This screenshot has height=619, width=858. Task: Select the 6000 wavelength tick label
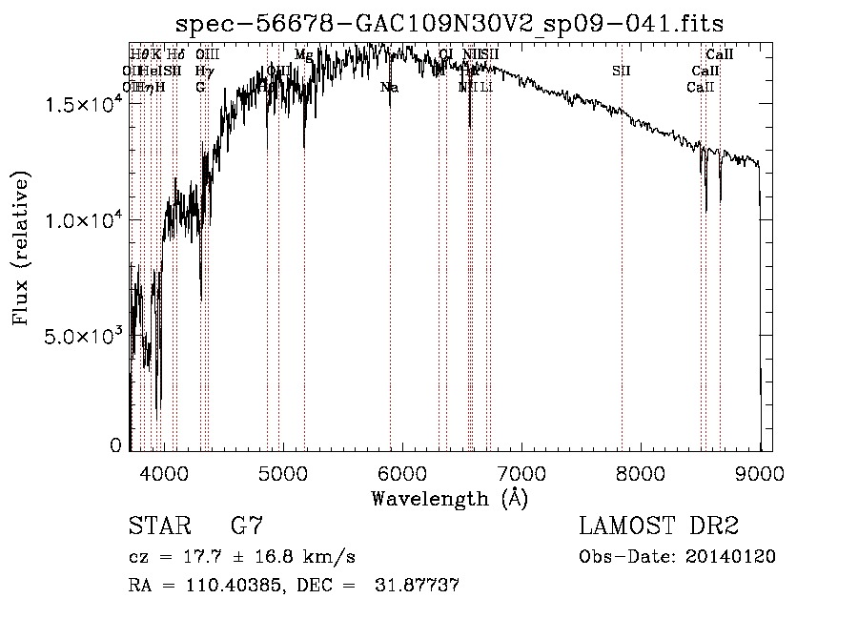coord(402,471)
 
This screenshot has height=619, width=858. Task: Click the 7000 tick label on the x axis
coord(521,471)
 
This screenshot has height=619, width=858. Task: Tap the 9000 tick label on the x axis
coord(760,471)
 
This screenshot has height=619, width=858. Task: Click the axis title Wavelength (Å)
coord(449,498)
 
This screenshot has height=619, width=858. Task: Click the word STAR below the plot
coord(155,526)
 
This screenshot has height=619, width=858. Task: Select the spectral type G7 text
coord(246,526)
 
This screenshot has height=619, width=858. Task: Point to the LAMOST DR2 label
coord(658,526)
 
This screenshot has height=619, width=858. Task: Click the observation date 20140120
coord(733,556)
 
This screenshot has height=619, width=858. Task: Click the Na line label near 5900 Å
coord(389,87)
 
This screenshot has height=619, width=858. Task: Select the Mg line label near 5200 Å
coord(304,55)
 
